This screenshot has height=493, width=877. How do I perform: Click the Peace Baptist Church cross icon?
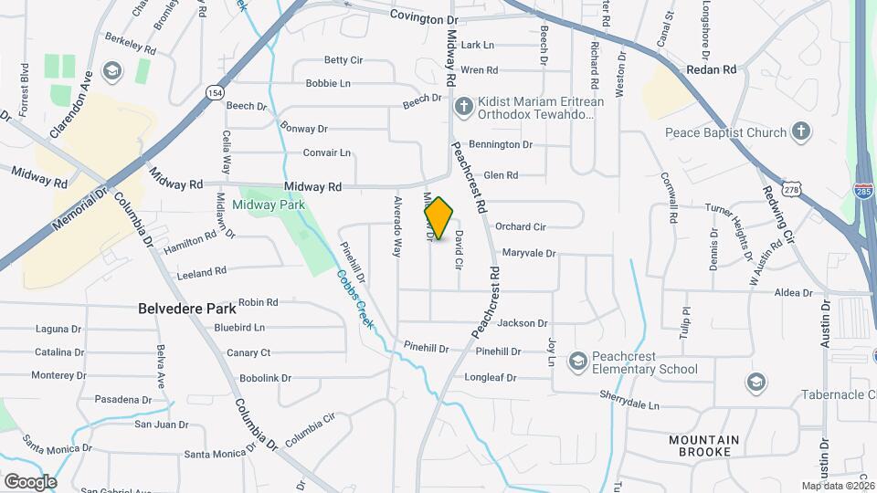(801, 132)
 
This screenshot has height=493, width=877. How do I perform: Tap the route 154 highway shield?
(215, 93)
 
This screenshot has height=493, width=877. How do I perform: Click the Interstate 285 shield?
(862, 190)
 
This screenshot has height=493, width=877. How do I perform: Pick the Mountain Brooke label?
(703, 446)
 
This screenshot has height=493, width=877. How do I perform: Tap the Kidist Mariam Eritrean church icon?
(463, 107)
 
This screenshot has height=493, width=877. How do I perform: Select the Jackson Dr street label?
(523, 323)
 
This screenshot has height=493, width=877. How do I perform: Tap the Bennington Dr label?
(500, 144)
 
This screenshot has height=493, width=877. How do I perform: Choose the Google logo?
(29, 481)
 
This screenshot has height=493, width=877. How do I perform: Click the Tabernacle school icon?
(756, 381)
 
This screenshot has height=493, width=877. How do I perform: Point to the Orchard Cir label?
(520, 226)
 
